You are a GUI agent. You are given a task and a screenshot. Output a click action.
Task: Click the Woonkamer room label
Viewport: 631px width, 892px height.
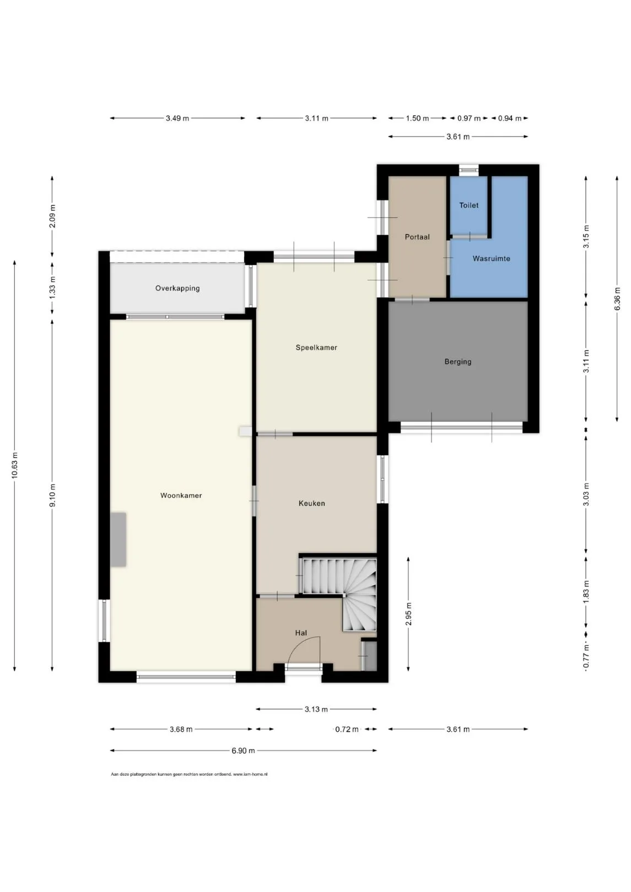click(x=181, y=496)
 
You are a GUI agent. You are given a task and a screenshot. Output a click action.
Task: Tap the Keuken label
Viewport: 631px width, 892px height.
click(x=312, y=503)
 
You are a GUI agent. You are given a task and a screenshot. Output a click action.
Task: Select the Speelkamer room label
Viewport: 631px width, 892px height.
click(x=316, y=347)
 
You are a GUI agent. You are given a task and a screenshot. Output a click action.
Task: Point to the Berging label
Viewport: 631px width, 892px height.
click(x=458, y=362)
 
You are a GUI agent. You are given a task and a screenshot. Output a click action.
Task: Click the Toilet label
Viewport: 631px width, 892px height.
click(x=469, y=205)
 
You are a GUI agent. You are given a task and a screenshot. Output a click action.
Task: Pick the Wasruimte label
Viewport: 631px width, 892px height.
click(x=492, y=258)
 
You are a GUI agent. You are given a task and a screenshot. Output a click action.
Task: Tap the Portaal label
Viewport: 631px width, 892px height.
click(x=417, y=237)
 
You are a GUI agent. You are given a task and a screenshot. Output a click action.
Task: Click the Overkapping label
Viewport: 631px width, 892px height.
click(x=177, y=289)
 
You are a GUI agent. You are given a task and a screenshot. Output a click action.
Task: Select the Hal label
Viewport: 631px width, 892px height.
click(x=301, y=633)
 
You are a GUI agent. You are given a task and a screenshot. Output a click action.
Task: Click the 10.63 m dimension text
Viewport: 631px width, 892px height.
click(x=15, y=465)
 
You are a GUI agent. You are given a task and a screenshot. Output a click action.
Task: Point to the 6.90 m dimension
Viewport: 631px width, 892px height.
click(x=243, y=750)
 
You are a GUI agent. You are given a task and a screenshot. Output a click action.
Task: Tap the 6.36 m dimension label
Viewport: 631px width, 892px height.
click(x=617, y=298)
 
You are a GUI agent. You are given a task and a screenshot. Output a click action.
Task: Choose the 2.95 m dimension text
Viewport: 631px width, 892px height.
click(x=408, y=613)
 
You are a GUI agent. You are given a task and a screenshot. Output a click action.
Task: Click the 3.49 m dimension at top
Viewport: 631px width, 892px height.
click(x=177, y=118)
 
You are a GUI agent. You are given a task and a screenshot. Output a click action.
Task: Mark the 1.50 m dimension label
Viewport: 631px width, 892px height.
click(x=417, y=118)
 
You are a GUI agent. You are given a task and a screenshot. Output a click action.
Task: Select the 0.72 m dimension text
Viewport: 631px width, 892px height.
click(x=347, y=729)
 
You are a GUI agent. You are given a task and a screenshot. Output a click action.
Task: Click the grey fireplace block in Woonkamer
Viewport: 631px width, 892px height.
click(x=118, y=540)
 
